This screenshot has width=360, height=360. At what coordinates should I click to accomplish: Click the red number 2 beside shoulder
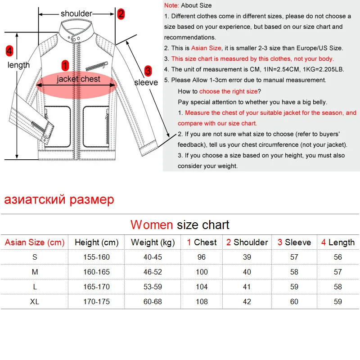(121, 14)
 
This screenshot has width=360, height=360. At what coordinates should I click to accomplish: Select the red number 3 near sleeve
(148, 71)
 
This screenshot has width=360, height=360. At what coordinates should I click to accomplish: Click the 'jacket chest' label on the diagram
(78, 79)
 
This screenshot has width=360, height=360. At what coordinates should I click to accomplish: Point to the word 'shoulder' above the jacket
(76, 14)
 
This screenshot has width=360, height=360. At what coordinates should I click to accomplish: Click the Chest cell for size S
(202, 257)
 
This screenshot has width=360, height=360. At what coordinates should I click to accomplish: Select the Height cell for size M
(96, 272)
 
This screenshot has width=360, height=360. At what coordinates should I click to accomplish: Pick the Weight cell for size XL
(153, 301)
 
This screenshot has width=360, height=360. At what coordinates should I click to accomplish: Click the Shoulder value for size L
(247, 287)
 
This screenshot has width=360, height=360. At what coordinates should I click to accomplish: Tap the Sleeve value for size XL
(294, 301)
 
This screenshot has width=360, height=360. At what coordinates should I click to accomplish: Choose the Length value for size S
(337, 257)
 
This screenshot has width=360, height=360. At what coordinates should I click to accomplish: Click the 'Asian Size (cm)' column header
(35, 243)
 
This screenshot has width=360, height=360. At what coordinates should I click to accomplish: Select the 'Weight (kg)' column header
(153, 243)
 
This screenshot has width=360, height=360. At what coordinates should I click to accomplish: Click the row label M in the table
(35, 272)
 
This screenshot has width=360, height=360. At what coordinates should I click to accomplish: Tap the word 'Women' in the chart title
(152, 225)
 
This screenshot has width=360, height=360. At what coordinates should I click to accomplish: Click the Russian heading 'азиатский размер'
(59, 199)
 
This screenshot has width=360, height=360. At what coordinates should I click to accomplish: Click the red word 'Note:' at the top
(171, 5)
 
